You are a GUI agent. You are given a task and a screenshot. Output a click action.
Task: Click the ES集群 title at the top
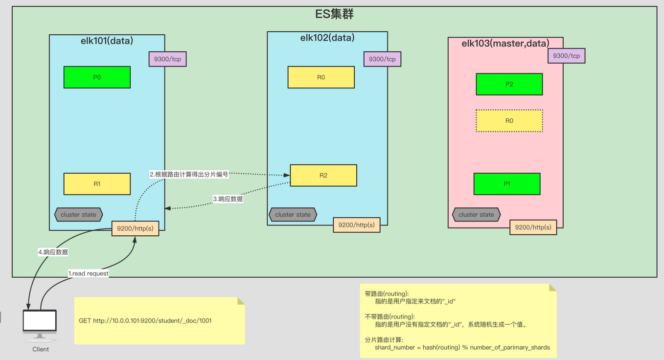click(334, 14)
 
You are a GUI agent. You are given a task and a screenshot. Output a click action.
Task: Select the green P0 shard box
click(97, 77)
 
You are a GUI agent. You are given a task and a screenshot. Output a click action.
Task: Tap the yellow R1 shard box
click(97, 184)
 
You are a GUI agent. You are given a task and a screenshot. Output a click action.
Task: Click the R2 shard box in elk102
click(323, 176)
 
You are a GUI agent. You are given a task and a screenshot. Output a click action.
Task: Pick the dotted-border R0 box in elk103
click(509, 121)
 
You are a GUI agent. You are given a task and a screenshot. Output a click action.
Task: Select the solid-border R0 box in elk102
click(321, 77)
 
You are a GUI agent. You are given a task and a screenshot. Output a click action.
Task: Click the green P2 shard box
click(509, 84)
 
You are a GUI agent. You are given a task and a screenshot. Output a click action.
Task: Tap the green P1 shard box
click(507, 184)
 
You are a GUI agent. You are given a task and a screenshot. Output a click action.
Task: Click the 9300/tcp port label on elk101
click(167, 59)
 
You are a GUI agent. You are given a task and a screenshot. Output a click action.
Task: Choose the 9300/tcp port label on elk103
click(566, 56)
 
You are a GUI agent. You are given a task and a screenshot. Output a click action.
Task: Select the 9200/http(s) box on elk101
click(135, 228)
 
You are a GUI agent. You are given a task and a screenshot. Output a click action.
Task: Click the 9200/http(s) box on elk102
click(356, 225)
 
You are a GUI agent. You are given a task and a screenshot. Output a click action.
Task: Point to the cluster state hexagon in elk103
click(476, 215)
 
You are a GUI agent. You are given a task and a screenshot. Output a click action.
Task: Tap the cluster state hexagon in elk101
click(78, 215)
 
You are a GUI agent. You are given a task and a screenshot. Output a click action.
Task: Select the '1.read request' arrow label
click(88, 273)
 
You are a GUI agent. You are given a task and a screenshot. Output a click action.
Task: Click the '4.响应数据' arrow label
click(53, 252)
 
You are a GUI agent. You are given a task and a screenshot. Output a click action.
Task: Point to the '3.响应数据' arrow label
click(228, 199)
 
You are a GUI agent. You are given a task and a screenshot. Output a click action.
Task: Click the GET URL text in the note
click(145, 321)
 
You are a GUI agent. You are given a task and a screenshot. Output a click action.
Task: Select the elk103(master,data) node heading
click(505, 44)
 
